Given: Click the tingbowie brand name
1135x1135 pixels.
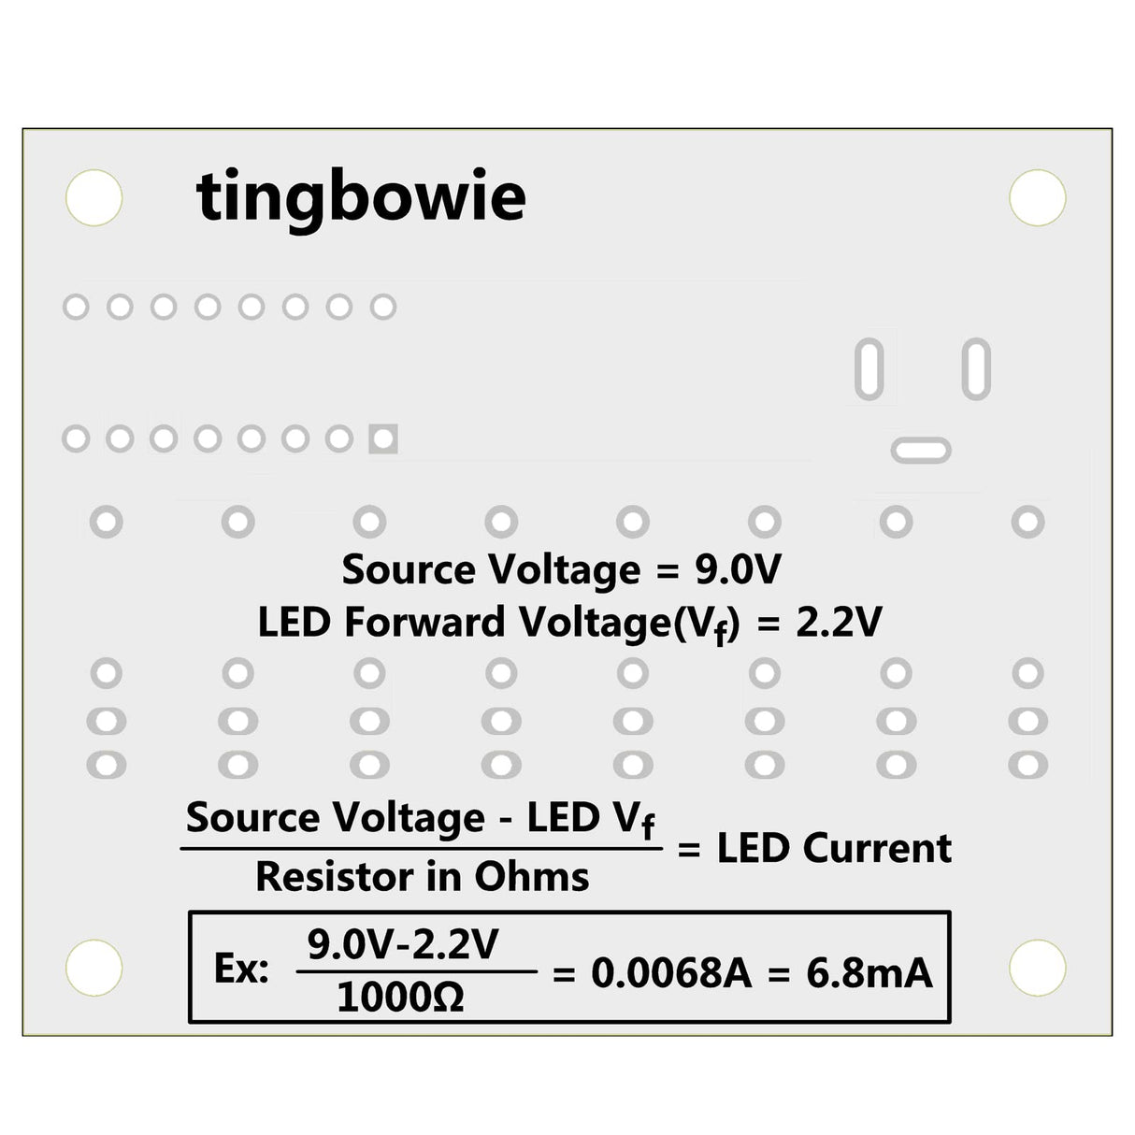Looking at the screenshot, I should [361, 197].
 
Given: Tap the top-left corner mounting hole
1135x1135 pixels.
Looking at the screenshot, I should [94, 198].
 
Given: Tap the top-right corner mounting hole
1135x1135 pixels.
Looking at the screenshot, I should [1038, 198].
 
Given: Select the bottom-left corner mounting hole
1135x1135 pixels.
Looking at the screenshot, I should [94, 967].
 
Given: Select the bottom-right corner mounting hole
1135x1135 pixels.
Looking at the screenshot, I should [1038, 967].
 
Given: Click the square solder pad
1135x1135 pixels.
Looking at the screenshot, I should [383, 438].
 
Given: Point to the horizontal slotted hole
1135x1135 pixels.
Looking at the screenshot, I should [921, 451].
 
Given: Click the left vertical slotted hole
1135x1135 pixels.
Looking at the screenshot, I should [869, 369].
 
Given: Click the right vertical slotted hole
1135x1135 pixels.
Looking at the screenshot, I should [976, 369].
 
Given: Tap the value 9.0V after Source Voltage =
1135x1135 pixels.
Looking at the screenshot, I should [737, 569].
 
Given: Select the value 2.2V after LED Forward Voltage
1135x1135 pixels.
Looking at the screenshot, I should [839, 623].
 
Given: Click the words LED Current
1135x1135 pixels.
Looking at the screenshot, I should [834, 849].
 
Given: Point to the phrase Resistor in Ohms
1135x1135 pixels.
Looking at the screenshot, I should [423, 877].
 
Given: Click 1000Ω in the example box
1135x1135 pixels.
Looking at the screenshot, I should [400, 999].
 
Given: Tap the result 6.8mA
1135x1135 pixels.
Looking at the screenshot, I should [869, 973].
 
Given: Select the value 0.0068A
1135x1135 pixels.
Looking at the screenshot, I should [671, 973].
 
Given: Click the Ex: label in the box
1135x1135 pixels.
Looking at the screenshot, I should [241, 970].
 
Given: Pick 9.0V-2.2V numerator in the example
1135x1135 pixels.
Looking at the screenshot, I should [403, 945].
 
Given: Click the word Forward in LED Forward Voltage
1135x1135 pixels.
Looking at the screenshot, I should [424, 623].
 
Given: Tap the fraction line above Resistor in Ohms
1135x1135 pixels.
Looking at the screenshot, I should [421, 849].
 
